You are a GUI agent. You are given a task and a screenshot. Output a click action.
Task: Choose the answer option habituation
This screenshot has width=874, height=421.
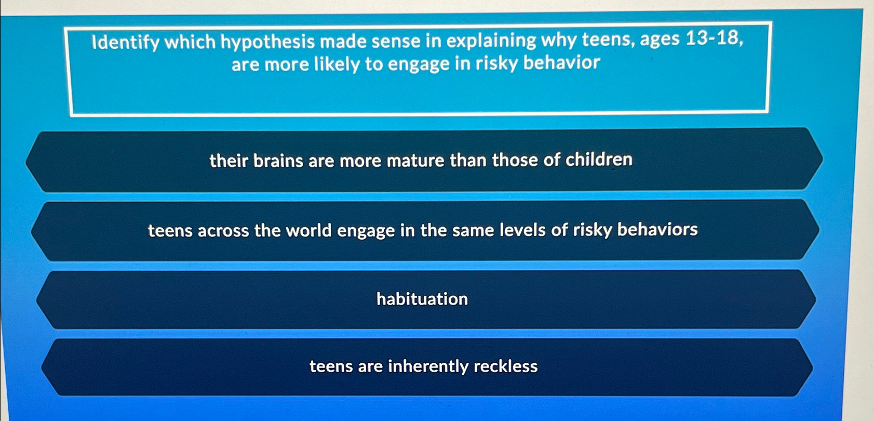click(422, 299)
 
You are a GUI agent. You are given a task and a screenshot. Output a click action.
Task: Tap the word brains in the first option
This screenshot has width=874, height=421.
click(278, 161)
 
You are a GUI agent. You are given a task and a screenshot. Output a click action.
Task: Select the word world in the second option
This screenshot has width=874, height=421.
click(308, 230)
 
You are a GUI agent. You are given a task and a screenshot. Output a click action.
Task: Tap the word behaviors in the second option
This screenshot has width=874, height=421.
click(657, 229)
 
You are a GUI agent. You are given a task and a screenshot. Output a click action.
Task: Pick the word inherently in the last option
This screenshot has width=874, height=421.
click(428, 366)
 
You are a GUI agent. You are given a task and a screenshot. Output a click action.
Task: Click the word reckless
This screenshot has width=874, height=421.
click(505, 366)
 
